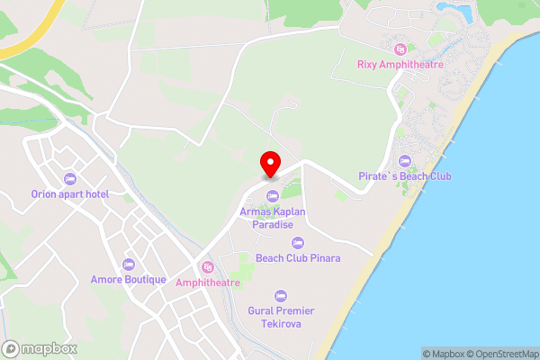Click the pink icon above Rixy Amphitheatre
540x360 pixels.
400,48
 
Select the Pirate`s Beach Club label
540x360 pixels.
403,175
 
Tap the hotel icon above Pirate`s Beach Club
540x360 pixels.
404,160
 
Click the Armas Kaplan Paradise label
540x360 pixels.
273,218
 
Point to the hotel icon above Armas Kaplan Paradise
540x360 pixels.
272,197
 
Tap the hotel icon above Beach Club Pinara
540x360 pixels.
298,242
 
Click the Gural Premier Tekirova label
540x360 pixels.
280,317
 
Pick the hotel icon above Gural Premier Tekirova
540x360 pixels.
280,295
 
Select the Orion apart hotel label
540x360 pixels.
70,193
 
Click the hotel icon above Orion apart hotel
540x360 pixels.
70,178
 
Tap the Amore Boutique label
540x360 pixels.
129,279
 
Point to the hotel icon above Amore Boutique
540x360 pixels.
129,264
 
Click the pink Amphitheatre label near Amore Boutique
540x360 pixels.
208,283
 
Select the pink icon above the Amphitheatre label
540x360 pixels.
208,267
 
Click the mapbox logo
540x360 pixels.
40,348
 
